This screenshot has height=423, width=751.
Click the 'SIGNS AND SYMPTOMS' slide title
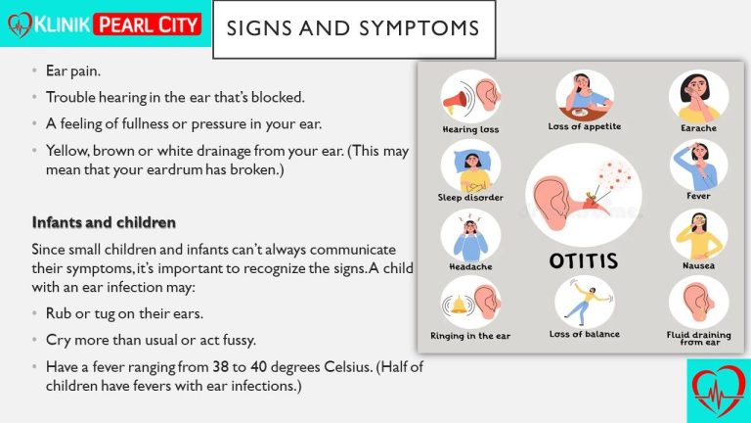click(x=353, y=28)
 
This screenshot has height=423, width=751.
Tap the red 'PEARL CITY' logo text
click(x=148, y=24)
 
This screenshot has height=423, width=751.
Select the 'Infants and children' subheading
click(x=104, y=222)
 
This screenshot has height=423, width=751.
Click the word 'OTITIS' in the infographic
click(x=584, y=260)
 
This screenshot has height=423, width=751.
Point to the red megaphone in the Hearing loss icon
click(x=455, y=101)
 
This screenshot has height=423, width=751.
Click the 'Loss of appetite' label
click(x=585, y=126)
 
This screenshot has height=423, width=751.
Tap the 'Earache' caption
click(x=698, y=128)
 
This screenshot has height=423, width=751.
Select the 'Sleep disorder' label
click(x=470, y=197)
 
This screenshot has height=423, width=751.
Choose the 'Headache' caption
click(x=470, y=266)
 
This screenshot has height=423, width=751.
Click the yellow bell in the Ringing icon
click(x=459, y=305)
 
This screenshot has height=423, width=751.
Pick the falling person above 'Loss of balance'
click(x=587, y=304)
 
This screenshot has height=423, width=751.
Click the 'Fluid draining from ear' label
click(x=699, y=338)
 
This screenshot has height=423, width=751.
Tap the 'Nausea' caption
click(x=698, y=265)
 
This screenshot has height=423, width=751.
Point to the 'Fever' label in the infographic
click(x=698, y=196)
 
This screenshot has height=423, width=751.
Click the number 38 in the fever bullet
click(x=220, y=367)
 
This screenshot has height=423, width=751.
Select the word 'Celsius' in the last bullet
click(x=347, y=367)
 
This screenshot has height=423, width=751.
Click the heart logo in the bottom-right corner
click(x=718, y=391)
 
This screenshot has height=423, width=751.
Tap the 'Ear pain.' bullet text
click(x=72, y=70)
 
